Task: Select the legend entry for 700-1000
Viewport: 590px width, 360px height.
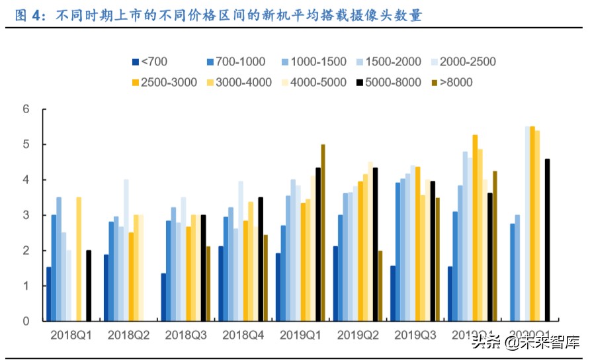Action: (x=235, y=62)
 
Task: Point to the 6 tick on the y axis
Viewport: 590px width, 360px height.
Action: (x=26, y=109)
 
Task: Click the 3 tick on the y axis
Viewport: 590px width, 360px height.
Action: (x=26, y=215)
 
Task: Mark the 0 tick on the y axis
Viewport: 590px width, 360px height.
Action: (x=26, y=321)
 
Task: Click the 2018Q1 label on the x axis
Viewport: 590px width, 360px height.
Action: (x=71, y=335)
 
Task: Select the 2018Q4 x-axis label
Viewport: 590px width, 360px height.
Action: (x=243, y=335)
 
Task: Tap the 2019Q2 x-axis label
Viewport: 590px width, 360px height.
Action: (x=357, y=335)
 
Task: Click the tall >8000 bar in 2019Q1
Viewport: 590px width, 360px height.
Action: (x=323, y=233)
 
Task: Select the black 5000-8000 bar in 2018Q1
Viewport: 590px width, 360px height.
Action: (x=89, y=285)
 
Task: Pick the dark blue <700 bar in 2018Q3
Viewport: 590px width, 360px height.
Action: (x=163, y=297)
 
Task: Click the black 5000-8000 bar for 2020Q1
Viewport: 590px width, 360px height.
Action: (x=547, y=240)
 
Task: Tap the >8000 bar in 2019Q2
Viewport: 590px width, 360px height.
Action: (x=380, y=285)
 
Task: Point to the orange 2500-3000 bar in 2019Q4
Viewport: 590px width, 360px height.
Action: (x=474, y=228)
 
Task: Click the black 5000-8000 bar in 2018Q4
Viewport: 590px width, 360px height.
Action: (x=261, y=259)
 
